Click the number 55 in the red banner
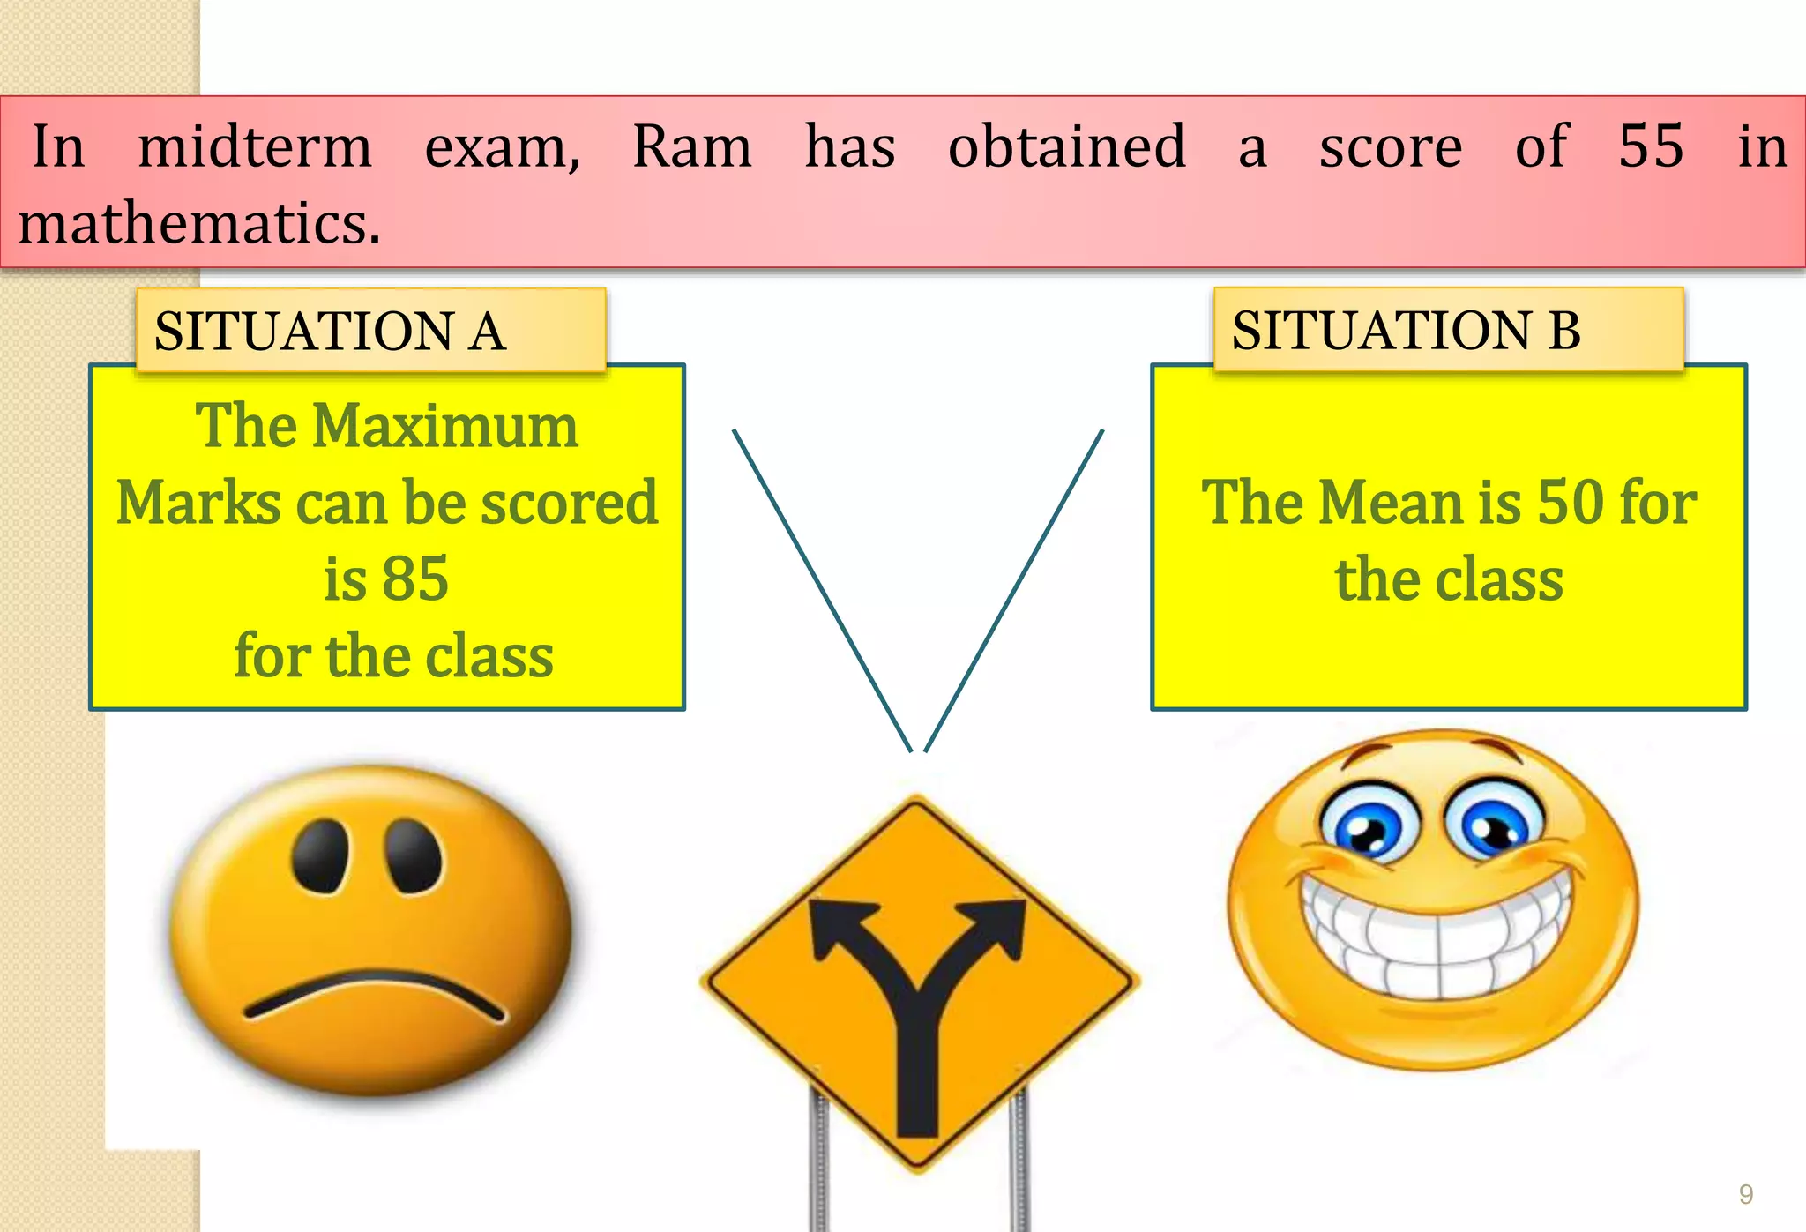pos(1651,146)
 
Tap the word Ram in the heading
pos(692,146)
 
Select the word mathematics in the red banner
pos(199,223)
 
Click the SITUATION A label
pos(330,332)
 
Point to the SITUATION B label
pos(1406,331)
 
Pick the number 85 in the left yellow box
pos(415,579)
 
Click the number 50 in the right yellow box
pos(1571,503)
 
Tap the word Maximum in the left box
pos(445,427)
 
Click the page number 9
pos(1745,1194)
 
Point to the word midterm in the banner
pos(255,146)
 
